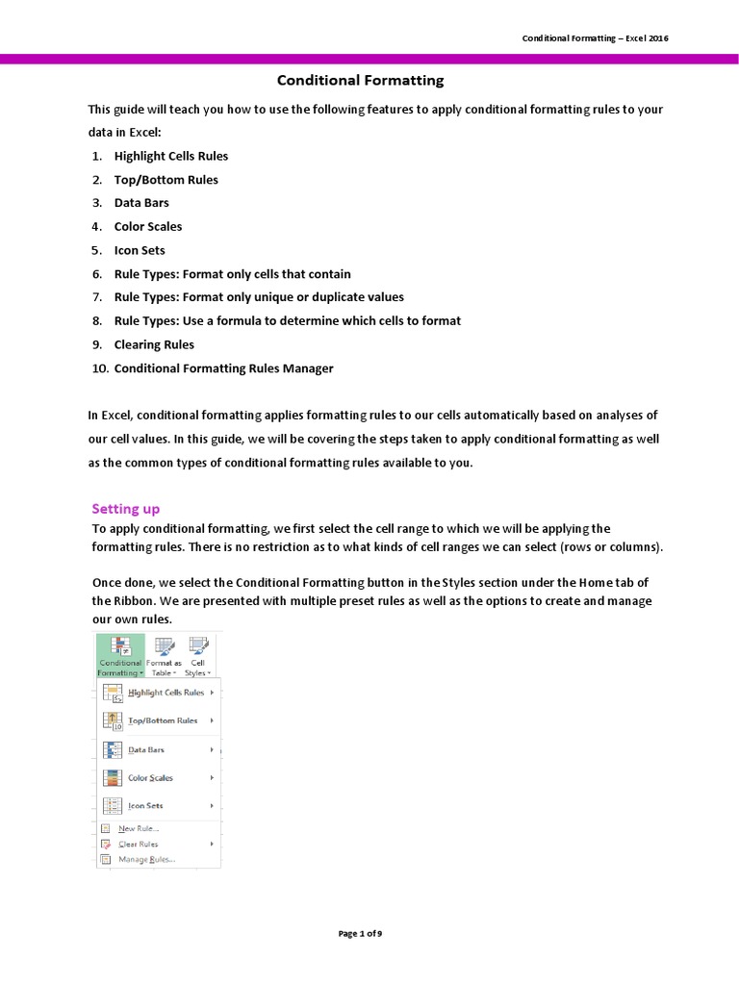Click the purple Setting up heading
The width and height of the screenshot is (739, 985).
tap(125, 508)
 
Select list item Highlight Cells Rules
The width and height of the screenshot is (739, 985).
tap(170, 156)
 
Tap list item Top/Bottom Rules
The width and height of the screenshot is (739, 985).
tap(166, 180)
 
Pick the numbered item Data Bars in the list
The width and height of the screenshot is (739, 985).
tap(141, 203)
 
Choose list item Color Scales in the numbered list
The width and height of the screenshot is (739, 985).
tap(147, 227)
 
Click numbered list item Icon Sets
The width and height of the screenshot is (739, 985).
tap(140, 250)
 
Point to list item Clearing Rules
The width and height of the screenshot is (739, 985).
tap(154, 344)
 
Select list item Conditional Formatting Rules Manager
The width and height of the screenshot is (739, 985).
tap(223, 368)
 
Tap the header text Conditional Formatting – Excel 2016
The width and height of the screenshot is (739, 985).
tap(595, 38)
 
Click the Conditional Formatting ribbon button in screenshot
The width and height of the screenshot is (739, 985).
tap(120, 656)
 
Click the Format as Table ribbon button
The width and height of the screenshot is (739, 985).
tap(164, 656)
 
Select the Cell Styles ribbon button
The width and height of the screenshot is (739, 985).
tap(198, 656)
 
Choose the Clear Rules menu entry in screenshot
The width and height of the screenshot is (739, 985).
tap(138, 844)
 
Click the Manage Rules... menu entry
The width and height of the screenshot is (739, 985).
tap(146, 859)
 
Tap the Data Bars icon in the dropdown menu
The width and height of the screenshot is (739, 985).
tap(112, 749)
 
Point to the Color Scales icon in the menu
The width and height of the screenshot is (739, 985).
tap(112, 777)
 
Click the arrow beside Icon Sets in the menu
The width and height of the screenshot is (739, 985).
tap(211, 805)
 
